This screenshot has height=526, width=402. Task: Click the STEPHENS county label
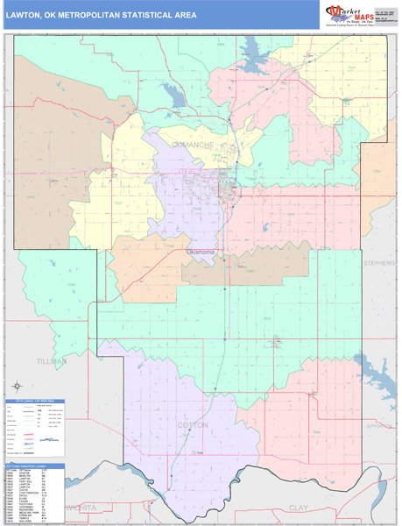click(380, 261)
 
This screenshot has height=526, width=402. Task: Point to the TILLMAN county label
click(51, 360)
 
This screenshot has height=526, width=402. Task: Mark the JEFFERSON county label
click(380, 426)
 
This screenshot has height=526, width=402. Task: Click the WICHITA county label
click(83, 507)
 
